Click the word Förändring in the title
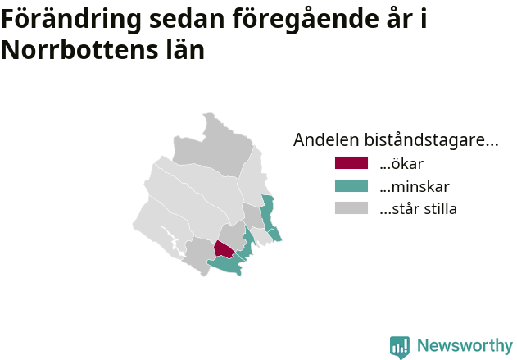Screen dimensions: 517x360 [71, 20]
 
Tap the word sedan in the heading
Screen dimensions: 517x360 [187, 19]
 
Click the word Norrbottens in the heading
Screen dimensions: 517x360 [79, 50]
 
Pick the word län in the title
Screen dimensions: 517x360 [185, 49]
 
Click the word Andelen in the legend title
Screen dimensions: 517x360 [326, 139]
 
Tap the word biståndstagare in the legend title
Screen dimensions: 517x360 [431, 140]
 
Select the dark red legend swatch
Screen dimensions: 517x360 [351, 163]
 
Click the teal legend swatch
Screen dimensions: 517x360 [351, 186]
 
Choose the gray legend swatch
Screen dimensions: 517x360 [351, 208]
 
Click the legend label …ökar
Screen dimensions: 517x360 [401, 164]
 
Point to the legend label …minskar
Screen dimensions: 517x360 [415, 186]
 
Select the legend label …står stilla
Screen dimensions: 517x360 [418, 209]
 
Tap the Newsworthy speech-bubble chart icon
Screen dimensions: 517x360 [400, 348]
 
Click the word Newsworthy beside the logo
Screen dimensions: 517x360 [465, 345]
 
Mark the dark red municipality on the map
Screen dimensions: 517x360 [224, 250]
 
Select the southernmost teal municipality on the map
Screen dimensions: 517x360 [227, 265]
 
